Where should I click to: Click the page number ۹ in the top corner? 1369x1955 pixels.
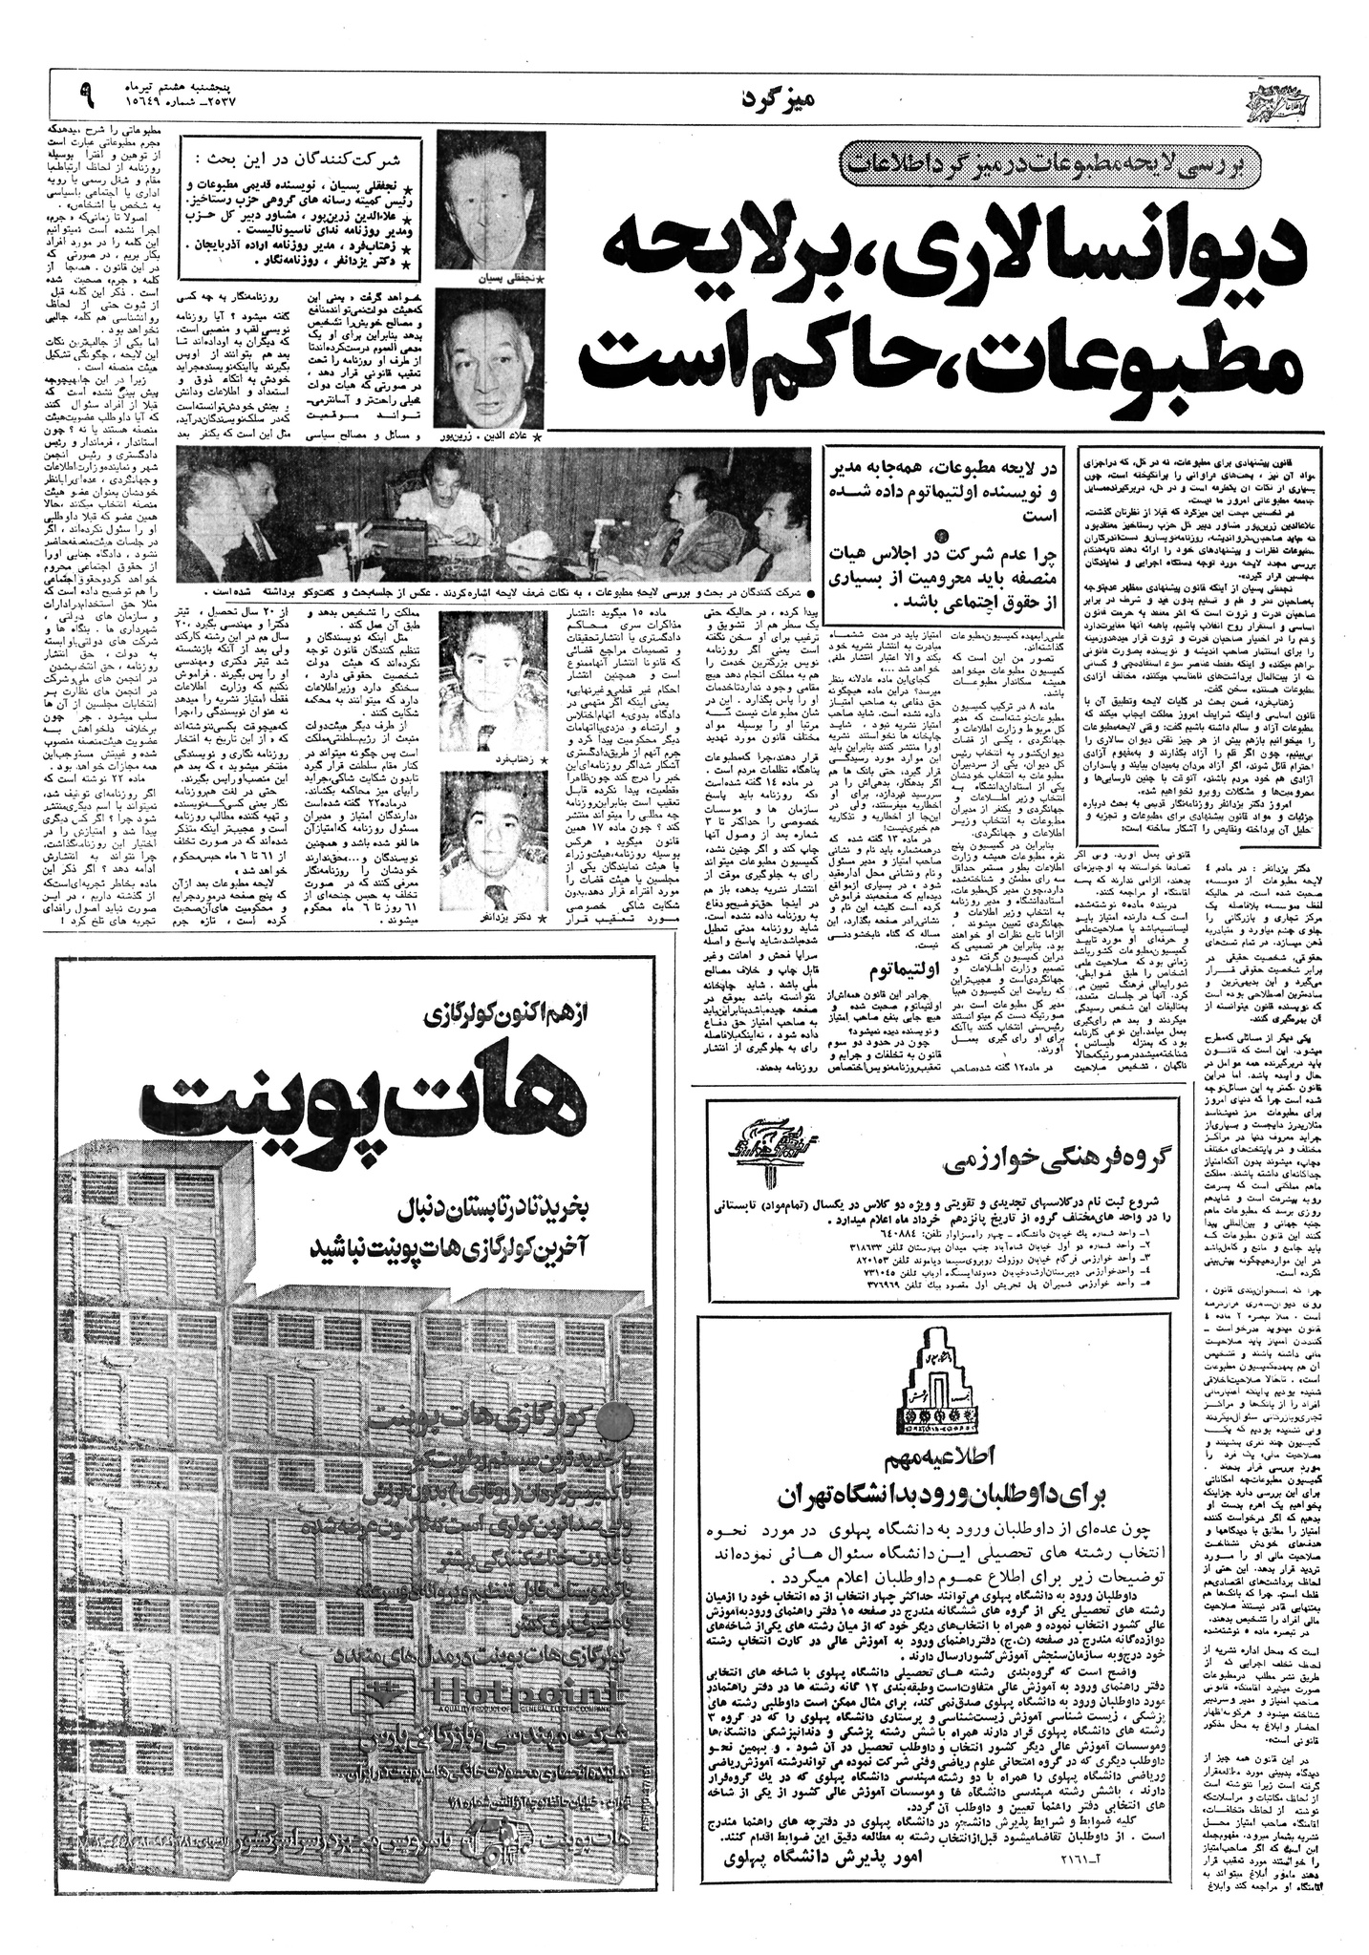[x=89, y=93]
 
